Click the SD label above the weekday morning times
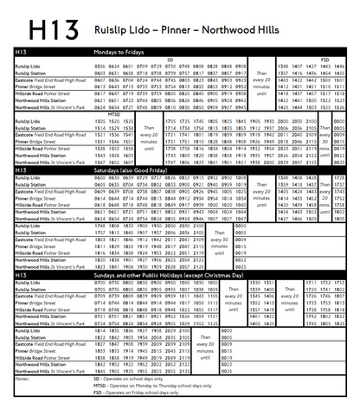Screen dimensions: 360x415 point(170,60)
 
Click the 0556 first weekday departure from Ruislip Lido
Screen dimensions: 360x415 point(100,66)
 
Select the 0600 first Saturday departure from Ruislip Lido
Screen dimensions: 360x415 point(100,177)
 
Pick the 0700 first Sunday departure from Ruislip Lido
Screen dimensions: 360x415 point(100,283)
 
